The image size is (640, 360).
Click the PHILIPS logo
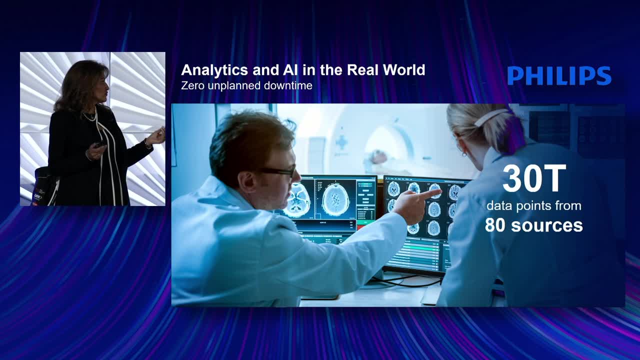click(559, 75)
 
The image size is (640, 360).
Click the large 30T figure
click(534, 178)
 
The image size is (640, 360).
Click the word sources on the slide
click(547, 225)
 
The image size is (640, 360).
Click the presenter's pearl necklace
click(89, 116)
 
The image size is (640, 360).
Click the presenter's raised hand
click(156, 136)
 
